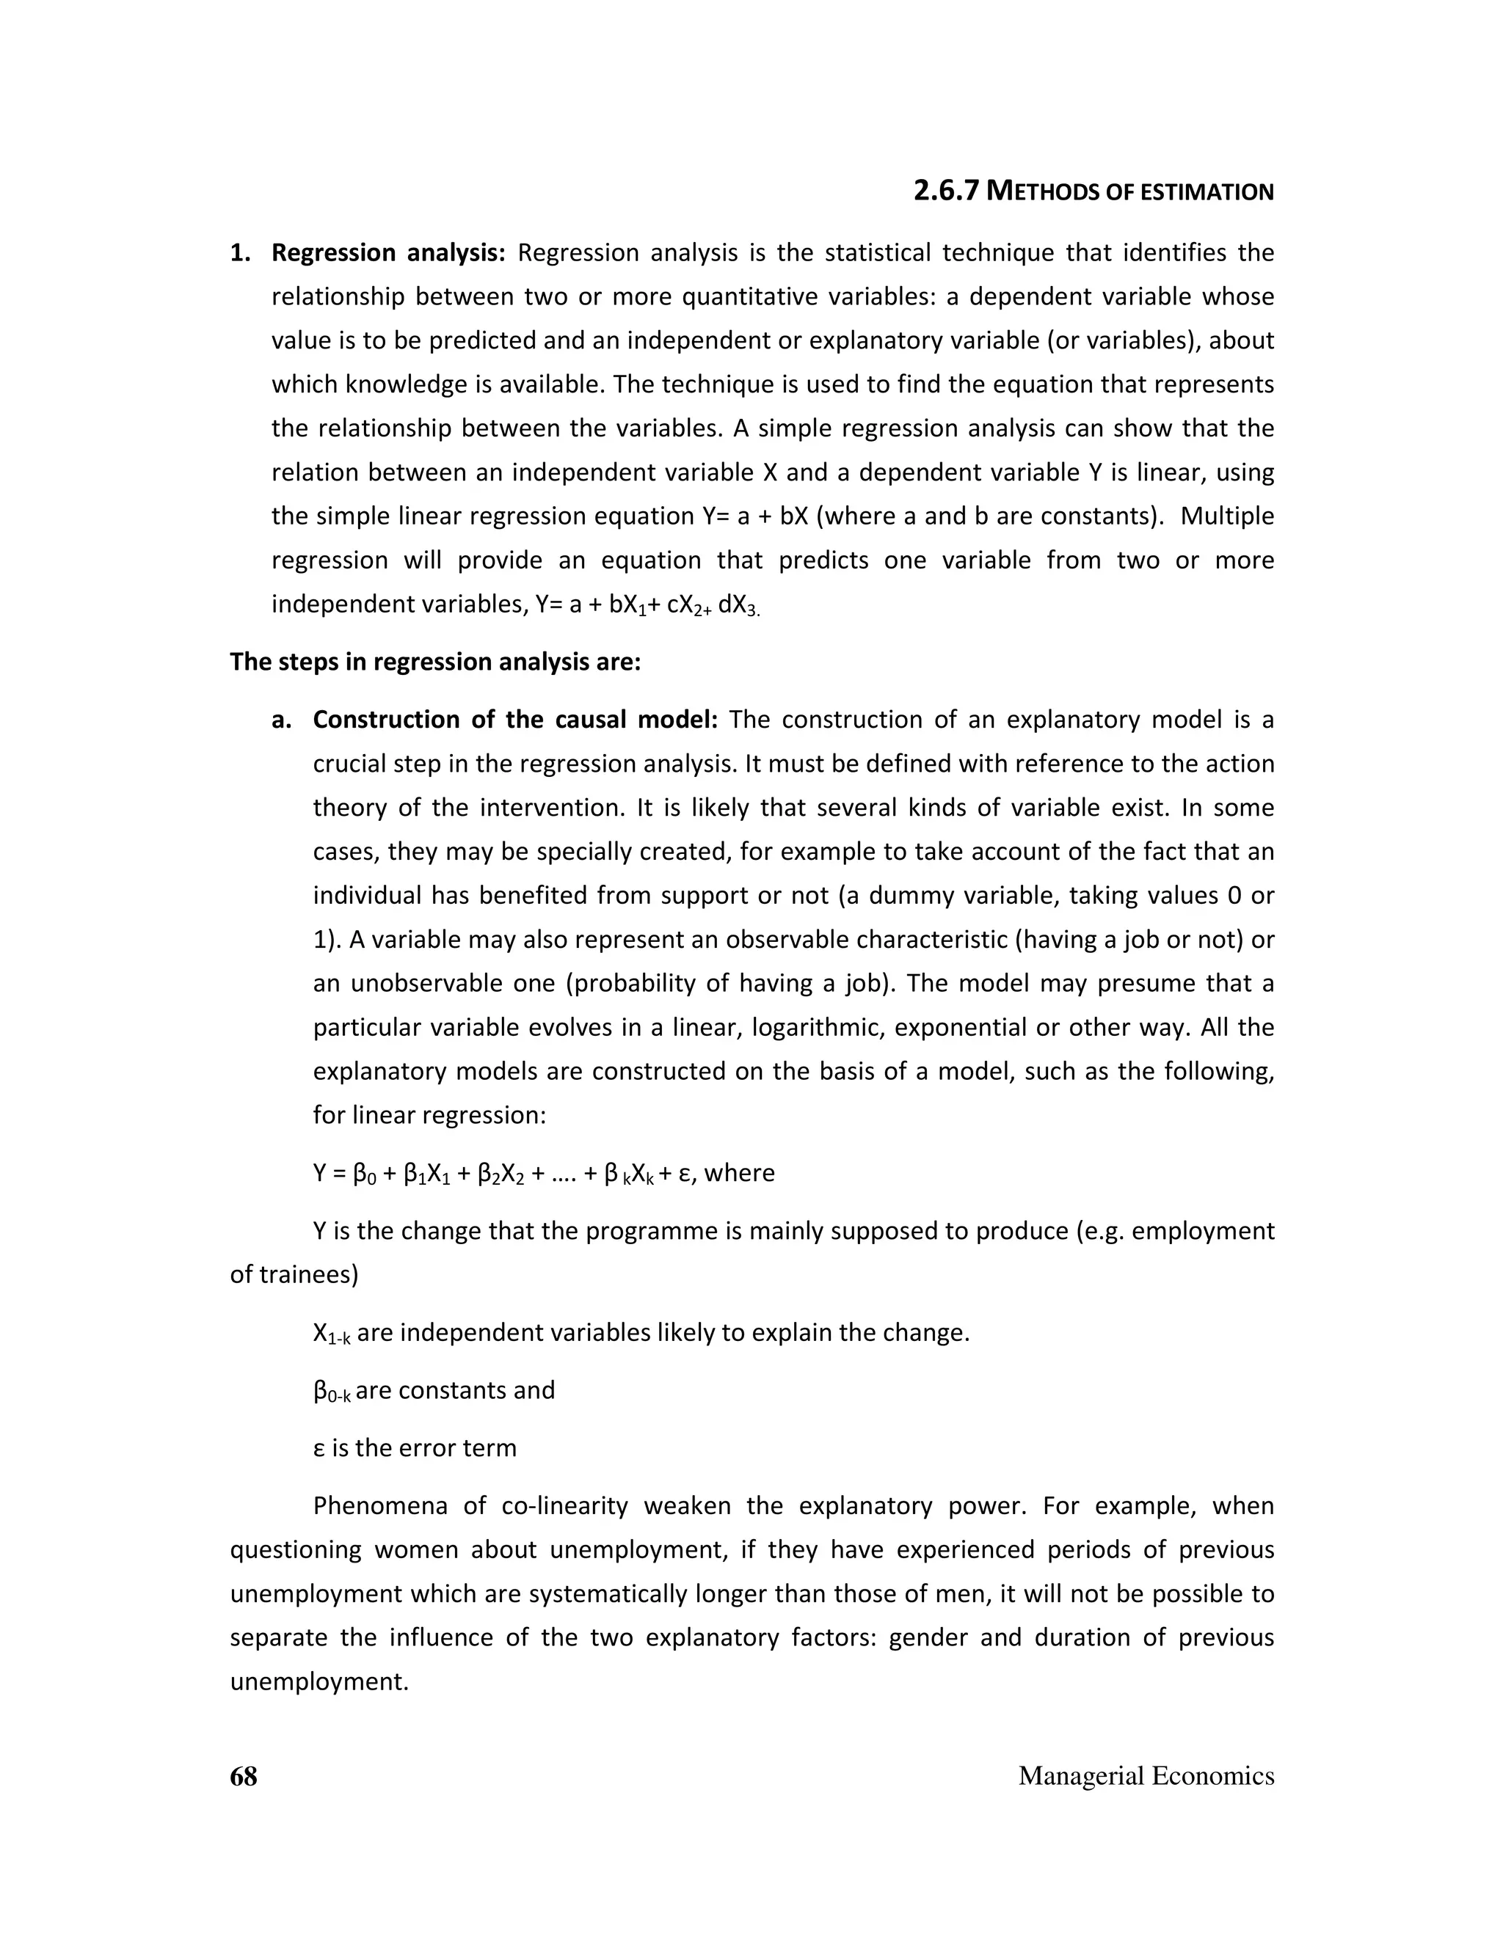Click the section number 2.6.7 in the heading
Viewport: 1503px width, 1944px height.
(948, 191)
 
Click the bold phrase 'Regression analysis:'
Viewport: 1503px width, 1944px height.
(388, 253)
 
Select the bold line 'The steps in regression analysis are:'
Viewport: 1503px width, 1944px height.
(434, 662)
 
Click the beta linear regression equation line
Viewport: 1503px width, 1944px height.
(543, 1173)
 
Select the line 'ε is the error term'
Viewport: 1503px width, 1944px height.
(414, 1448)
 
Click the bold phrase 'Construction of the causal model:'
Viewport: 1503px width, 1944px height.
(514, 719)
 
